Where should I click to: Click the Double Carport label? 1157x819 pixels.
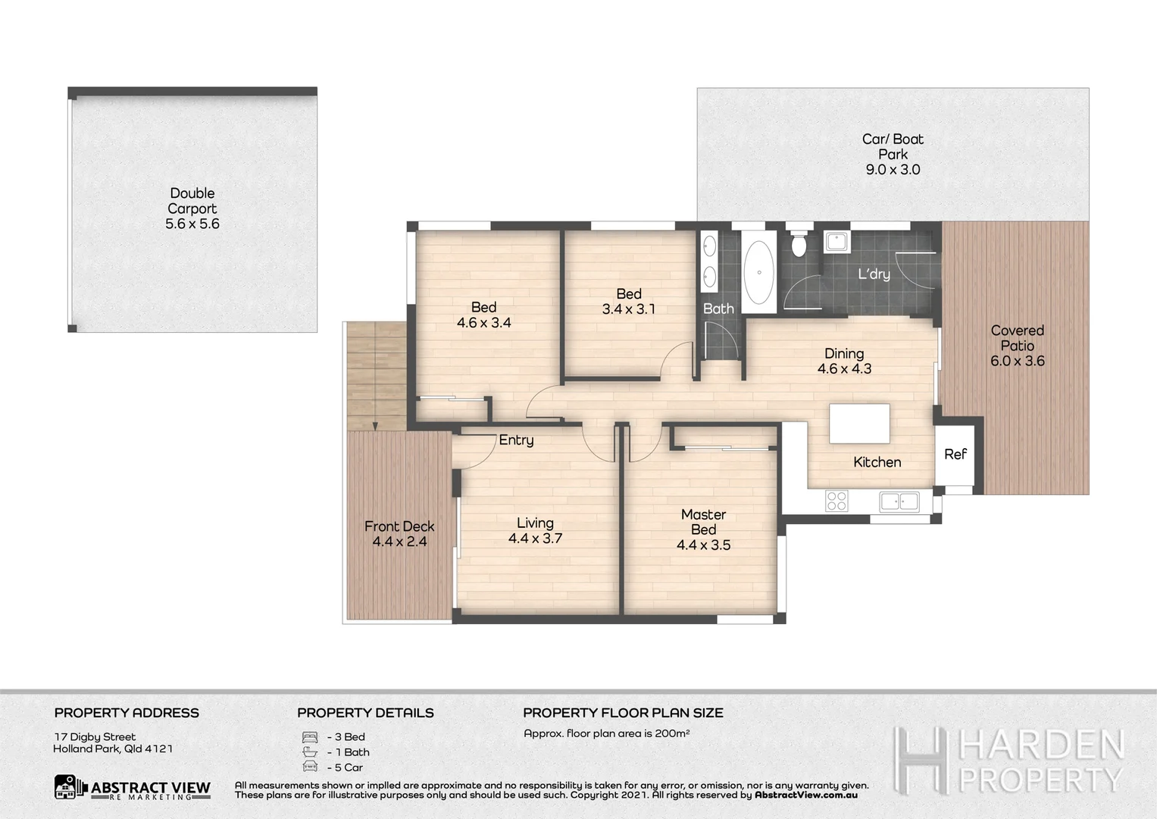[192, 201]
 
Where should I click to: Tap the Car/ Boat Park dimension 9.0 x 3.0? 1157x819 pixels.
[893, 170]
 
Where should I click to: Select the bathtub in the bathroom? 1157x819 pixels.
[758, 272]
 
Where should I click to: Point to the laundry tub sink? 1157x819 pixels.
[836, 241]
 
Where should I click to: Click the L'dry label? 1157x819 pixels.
[874, 274]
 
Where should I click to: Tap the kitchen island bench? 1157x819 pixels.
[859, 424]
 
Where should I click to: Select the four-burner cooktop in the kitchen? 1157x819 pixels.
[836, 500]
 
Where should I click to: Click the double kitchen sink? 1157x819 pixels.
[899, 500]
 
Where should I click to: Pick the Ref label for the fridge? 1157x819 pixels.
[955, 454]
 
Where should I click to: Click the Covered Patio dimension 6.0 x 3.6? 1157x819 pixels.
[1017, 361]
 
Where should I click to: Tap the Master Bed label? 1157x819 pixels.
[703, 522]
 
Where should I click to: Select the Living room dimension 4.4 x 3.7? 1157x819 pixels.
[535, 538]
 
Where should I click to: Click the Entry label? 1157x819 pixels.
[516, 440]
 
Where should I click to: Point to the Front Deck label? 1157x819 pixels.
[399, 526]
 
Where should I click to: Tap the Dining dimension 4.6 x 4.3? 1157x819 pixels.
[844, 369]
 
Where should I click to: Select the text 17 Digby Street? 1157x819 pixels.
[95, 736]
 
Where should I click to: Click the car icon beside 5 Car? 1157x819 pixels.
[309, 767]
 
